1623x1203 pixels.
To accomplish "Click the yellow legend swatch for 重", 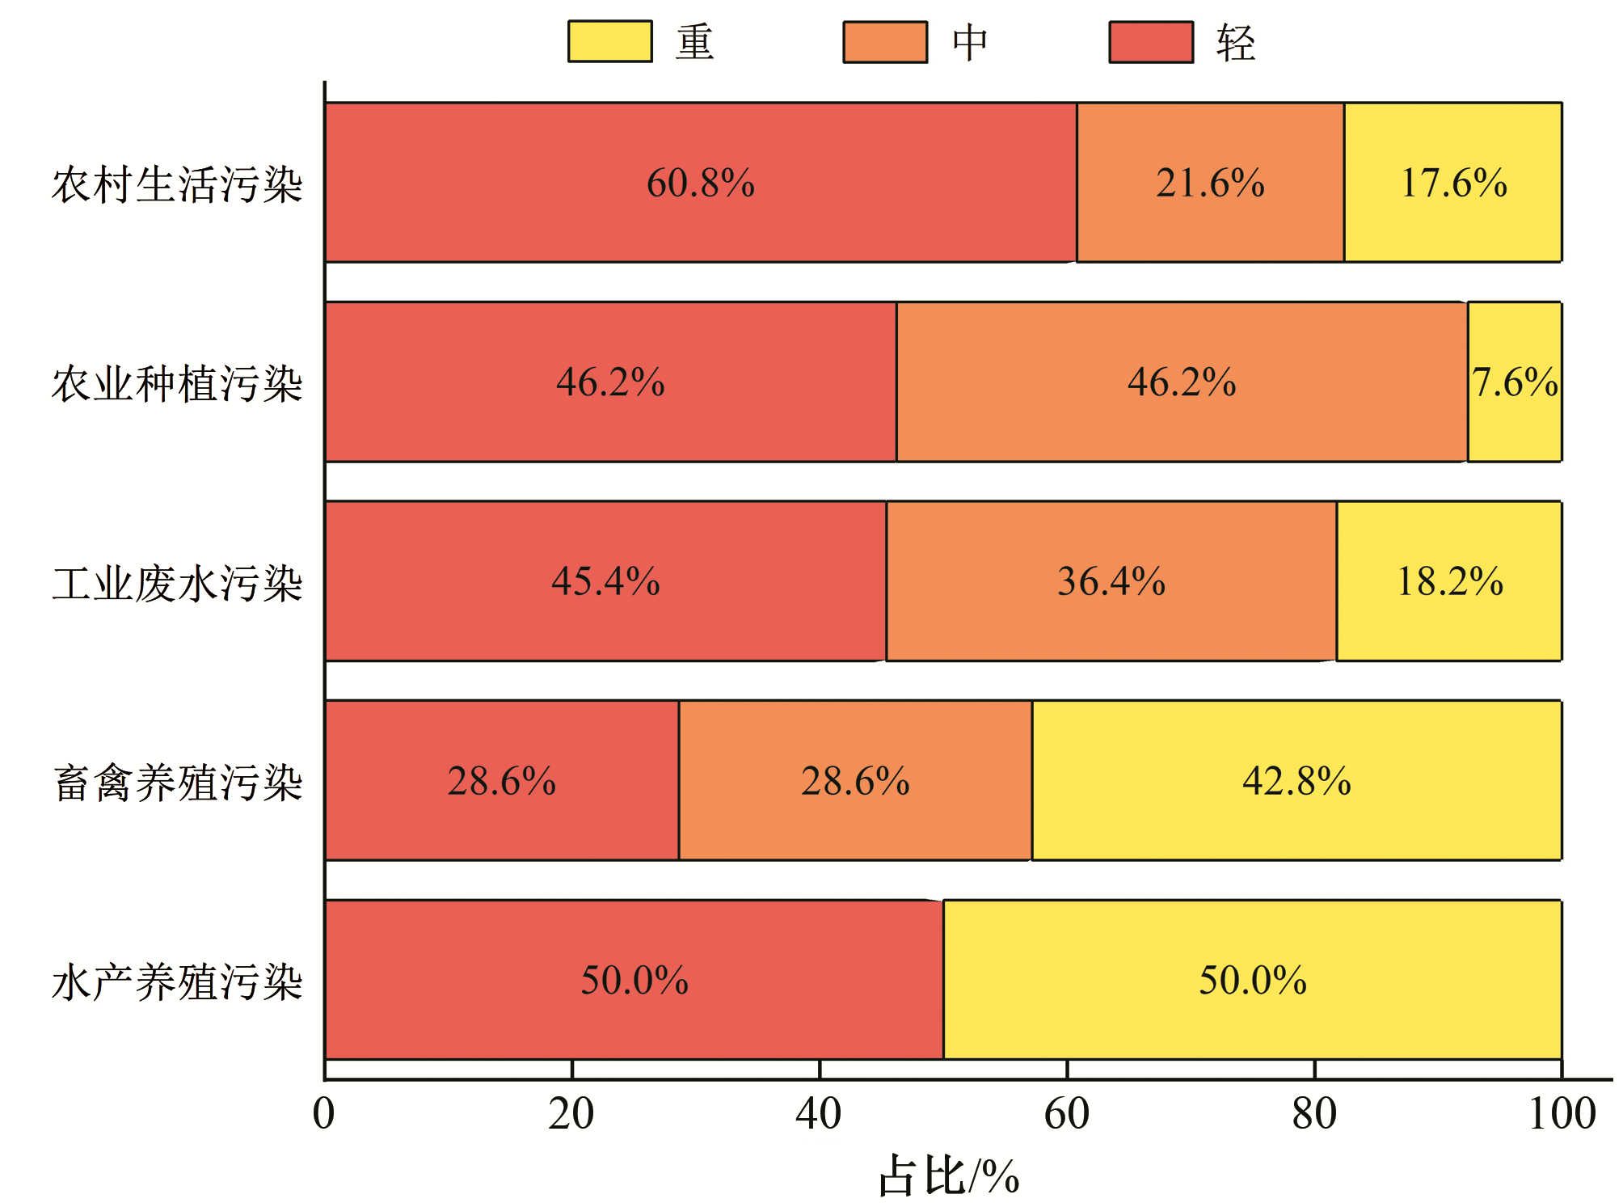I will pos(609,41).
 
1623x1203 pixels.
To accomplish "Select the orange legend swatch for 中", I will pos(884,41).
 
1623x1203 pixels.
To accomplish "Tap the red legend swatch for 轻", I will pos(1150,41).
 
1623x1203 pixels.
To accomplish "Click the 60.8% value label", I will pos(700,183).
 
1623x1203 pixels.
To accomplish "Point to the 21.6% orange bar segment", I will pos(1210,218).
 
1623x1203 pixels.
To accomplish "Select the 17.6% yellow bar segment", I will pos(1452,218).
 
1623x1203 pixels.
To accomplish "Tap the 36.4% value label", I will pos(1111,581).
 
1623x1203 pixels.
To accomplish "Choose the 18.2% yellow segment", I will pos(1449,618).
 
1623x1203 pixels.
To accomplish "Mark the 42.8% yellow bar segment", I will pos(1296,817).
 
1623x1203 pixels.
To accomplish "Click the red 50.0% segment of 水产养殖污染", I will pos(634,1015).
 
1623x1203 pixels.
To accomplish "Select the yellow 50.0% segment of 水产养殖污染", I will pos(1252,1015).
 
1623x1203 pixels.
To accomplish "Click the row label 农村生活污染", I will pos(177,184).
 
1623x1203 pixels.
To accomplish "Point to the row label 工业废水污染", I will pos(177,583).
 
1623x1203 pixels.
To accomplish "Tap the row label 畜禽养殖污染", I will pos(177,783).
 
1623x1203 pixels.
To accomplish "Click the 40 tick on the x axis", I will pos(819,1113).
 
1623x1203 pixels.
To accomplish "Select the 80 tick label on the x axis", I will pos(1314,1113).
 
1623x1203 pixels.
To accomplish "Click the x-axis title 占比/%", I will pos(949,1175).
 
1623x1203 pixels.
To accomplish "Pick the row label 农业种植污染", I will pos(177,383).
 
